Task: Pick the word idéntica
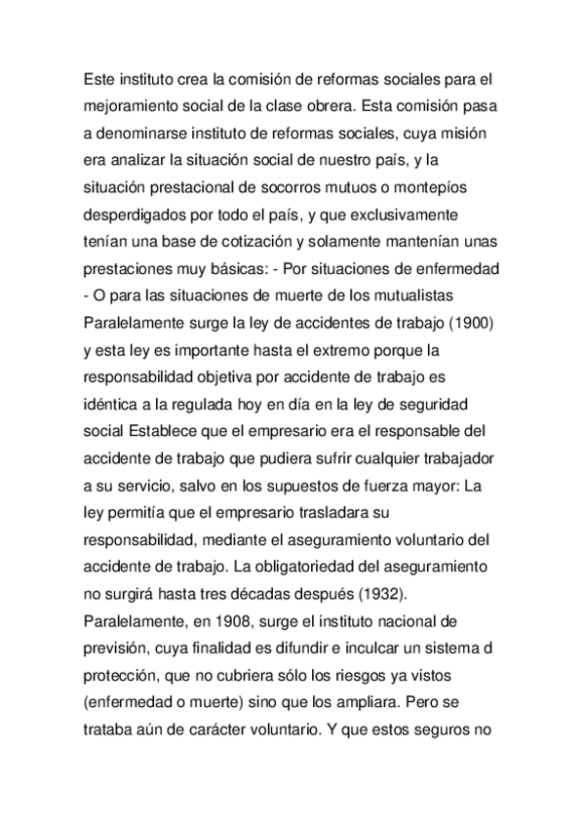pos(115,403)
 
